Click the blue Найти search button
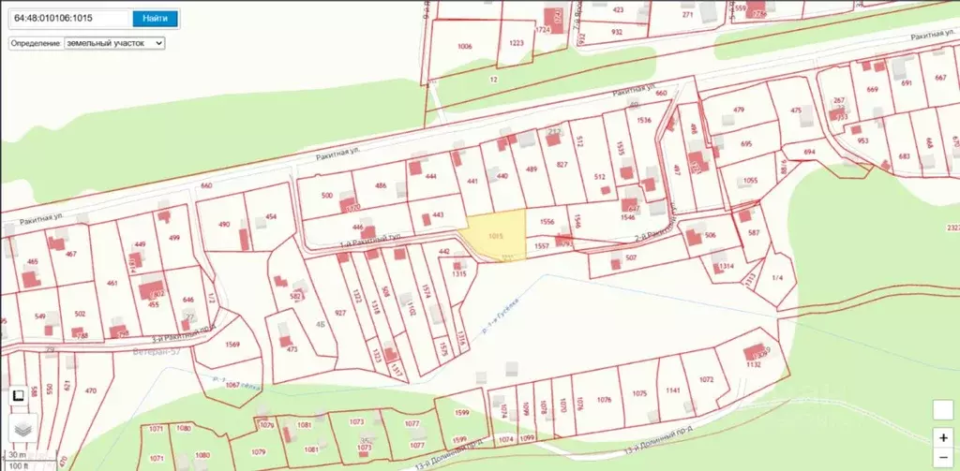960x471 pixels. pyautogui.click(x=155, y=18)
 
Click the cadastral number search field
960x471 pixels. pyautogui.click(x=67, y=18)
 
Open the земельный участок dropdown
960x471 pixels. pyautogui.click(x=113, y=43)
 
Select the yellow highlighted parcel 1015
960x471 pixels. pyautogui.click(x=495, y=239)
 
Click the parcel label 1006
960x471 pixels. pyautogui.click(x=465, y=47)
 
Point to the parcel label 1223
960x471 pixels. pyautogui.click(x=517, y=43)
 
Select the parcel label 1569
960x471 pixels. pyautogui.click(x=232, y=345)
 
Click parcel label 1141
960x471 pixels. pyautogui.click(x=671, y=390)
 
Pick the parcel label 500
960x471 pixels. pyautogui.click(x=327, y=195)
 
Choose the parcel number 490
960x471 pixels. pyautogui.click(x=224, y=225)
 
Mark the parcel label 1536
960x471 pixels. pyautogui.click(x=643, y=120)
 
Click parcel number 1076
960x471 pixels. pyautogui.click(x=604, y=400)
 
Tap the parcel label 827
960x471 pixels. pyautogui.click(x=562, y=165)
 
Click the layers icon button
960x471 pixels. pyautogui.click(x=23, y=426)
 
